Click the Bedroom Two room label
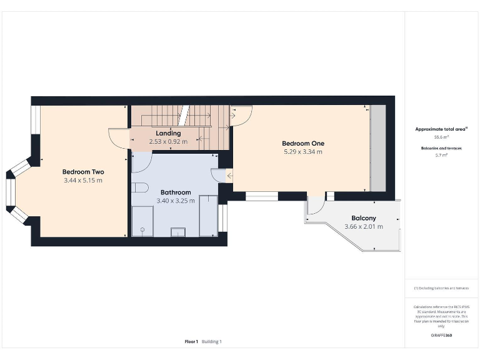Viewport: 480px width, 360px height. click(83, 172)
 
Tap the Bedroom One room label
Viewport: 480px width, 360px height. click(303, 143)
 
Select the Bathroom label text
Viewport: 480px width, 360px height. click(176, 192)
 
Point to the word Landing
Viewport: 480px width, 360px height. click(168, 133)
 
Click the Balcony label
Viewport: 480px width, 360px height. click(363, 218)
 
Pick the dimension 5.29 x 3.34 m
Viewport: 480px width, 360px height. click(303, 152)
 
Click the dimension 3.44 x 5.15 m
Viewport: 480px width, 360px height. click(83, 181)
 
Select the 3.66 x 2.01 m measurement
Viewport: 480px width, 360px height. click(363, 226)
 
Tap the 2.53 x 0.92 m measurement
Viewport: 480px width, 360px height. click(168, 142)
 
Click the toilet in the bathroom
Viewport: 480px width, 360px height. click(139, 187)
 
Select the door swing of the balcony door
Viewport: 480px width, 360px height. click(316, 207)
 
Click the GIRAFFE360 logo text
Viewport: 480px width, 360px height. click(441, 336)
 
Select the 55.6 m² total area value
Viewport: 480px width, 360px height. click(441, 137)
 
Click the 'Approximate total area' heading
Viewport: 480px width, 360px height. click(441, 129)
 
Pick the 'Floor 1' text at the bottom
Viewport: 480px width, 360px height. click(191, 342)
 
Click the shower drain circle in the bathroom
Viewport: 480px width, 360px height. click(143, 230)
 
